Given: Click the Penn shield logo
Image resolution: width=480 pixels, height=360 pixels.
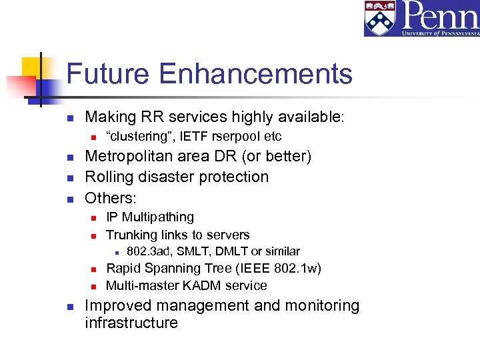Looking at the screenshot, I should [379, 19].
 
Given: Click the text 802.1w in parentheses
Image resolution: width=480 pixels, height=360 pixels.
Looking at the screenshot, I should [297, 269].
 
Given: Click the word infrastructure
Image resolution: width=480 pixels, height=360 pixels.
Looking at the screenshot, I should [131, 323].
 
